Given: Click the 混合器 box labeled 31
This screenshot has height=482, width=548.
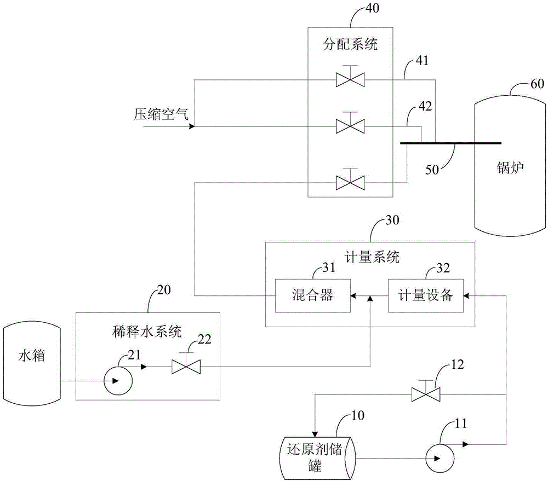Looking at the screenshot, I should click(312, 296).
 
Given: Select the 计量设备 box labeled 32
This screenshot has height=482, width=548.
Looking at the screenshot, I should click(425, 296).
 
